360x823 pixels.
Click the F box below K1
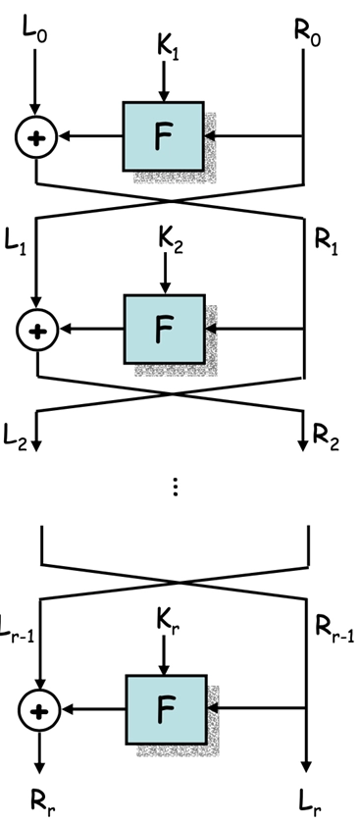point(163,138)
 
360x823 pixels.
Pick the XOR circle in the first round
point(36,139)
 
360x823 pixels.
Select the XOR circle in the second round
point(36,332)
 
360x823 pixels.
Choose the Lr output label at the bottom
point(309,802)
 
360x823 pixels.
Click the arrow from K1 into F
point(165,84)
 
